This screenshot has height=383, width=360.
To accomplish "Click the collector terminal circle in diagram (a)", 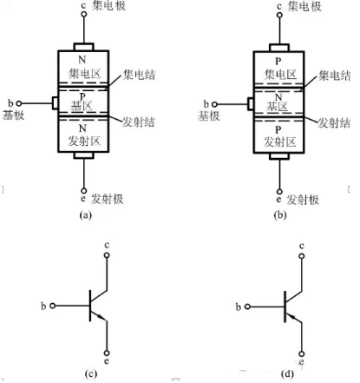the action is coord(84,14).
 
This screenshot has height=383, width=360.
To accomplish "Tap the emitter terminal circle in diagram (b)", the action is coord(279,192).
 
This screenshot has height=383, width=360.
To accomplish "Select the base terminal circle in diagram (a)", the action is coord(19,103).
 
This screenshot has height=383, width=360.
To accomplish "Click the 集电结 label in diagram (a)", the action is coord(139,75).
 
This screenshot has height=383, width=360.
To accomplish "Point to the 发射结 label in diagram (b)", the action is coord(334,122).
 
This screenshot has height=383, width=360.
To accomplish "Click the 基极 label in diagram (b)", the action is coord(209,116).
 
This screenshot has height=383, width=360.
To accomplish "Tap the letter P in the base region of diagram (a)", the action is coord(82,97).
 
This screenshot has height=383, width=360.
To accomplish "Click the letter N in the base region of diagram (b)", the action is coord(278,97).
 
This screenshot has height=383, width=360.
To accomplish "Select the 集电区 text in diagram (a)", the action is coord(84,74).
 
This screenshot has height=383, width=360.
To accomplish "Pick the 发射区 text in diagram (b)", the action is coord(280,142).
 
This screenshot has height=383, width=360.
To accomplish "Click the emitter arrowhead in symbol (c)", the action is coord(101,317).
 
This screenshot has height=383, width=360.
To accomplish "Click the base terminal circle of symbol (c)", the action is coord(52,306).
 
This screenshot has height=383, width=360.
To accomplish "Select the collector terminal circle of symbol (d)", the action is coord(302,256).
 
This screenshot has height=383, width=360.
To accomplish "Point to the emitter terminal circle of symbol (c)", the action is coord(107,353).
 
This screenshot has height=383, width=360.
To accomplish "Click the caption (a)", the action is coord(85,215).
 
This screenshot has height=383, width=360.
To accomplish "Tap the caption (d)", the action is coord(287,374).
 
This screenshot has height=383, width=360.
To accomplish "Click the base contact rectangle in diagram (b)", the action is coord(251,104).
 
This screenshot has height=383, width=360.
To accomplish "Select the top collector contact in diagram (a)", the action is coord(84,47).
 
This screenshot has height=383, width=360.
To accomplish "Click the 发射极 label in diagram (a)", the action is coord(108,199).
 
